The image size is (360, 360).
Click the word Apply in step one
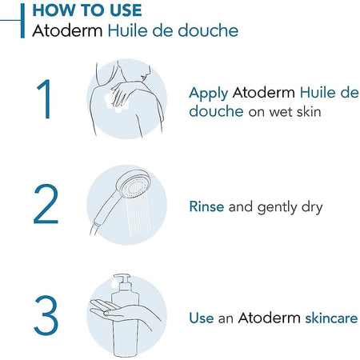(207, 93)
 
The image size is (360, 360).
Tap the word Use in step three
(202, 318)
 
